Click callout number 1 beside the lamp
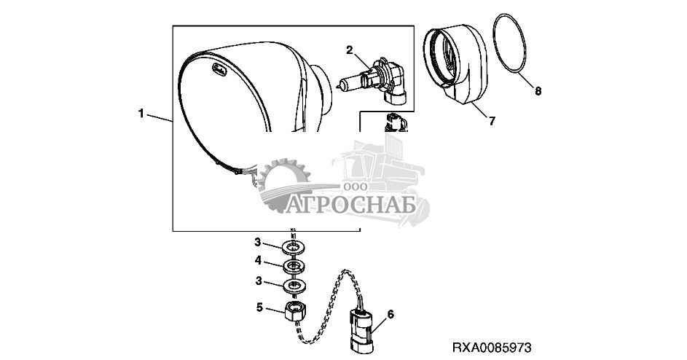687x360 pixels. [x=141, y=114]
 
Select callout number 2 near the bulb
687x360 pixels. [x=349, y=50]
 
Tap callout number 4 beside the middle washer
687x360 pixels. [x=259, y=261]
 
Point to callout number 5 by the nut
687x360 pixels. [x=259, y=308]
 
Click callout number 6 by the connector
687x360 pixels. [x=390, y=314]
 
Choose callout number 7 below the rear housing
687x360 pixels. [x=492, y=120]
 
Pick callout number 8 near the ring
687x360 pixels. [x=538, y=91]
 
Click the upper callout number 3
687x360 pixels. [x=259, y=242]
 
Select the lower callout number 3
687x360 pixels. [x=259, y=281]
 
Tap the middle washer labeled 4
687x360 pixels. [x=294, y=267]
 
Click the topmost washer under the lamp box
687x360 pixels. [x=294, y=247]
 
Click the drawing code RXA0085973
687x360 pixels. [x=492, y=348]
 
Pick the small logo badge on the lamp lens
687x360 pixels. [x=218, y=69]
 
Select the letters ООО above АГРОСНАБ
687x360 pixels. [x=356, y=187]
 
